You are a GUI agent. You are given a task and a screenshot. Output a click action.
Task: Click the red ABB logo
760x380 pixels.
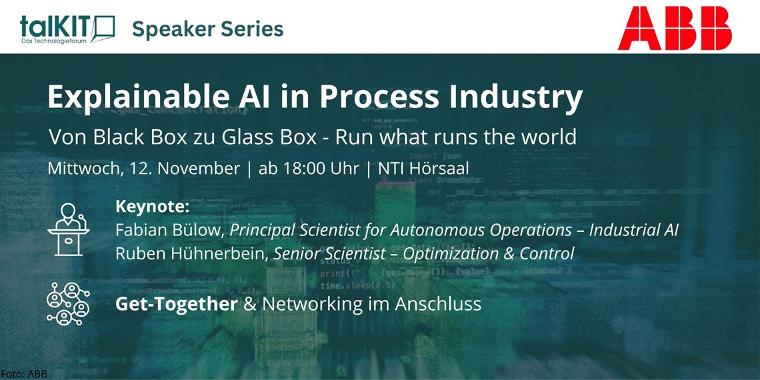point(674,28)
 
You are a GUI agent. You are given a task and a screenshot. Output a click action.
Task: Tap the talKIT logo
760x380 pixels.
point(67,28)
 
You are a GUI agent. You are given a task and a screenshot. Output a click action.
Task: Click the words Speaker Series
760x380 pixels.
point(207,29)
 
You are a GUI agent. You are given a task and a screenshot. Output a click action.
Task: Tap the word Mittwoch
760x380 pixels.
point(83,169)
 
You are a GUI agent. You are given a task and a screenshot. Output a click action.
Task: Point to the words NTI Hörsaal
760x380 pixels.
point(423,169)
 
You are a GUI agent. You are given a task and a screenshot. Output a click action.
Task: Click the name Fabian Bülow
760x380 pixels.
point(169,231)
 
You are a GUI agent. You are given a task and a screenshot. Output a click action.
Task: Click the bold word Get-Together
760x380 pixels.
point(176,304)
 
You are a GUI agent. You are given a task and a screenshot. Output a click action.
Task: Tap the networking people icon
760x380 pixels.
point(68,304)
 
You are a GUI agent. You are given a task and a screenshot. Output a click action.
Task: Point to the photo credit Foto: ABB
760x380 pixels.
point(24,374)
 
